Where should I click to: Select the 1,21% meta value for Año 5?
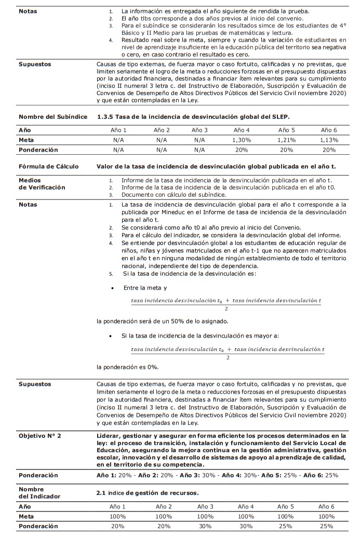[x=286, y=140]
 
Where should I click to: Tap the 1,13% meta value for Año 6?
[x=328, y=140]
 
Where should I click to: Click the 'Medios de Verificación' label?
[x=42, y=184]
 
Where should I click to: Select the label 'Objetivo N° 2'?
[x=39, y=435]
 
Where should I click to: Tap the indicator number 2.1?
[x=101, y=492]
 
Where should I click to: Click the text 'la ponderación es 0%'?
[x=128, y=367]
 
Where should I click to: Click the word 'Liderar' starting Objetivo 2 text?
[x=109, y=435]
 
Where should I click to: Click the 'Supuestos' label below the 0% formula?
[x=35, y=384]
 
